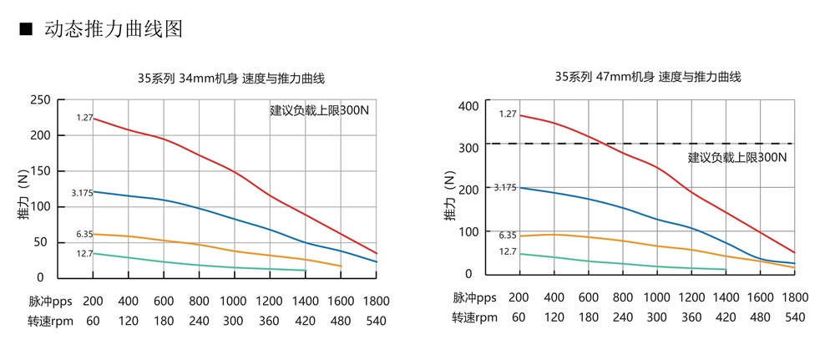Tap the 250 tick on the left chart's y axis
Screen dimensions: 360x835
point(40,100)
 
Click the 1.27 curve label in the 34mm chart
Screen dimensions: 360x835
point(83,118)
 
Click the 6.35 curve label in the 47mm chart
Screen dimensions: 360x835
point(508,236)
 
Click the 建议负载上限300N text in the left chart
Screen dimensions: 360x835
point(319,110)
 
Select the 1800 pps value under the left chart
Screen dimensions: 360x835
point(377,300)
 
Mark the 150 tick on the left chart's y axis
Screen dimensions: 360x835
point(40,171)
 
